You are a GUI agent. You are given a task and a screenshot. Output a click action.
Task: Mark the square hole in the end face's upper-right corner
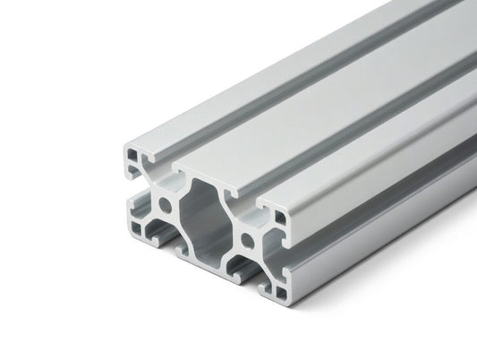[x=279, y=216]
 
